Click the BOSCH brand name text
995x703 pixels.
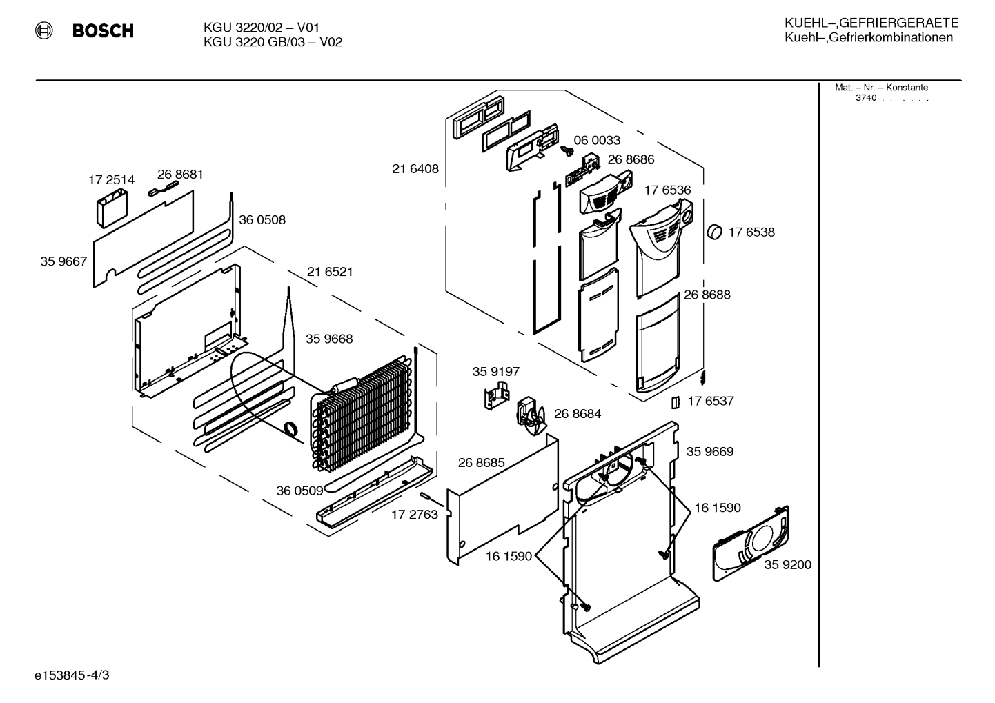coord(103,30)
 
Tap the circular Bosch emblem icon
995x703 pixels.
coord(44,30)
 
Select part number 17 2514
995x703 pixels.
coord(111,180)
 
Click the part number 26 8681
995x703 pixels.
coord(180,174)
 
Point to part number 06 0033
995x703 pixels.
coord(597,140)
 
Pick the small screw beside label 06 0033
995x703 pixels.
coord(567,151)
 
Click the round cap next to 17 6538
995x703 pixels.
coord(714,232)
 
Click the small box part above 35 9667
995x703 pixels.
coord(112,208)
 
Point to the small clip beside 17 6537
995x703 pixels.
coord(675,402)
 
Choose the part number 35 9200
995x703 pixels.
coord(787,564)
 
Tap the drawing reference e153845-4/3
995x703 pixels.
coord(72,675)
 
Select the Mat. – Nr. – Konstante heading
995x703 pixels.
coord(881,88)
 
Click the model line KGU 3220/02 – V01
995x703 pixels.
coord(262,28)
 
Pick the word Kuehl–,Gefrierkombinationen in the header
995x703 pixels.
coord(869,37)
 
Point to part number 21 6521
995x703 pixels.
coord(330,272)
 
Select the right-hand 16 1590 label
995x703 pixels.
coord(718,508)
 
